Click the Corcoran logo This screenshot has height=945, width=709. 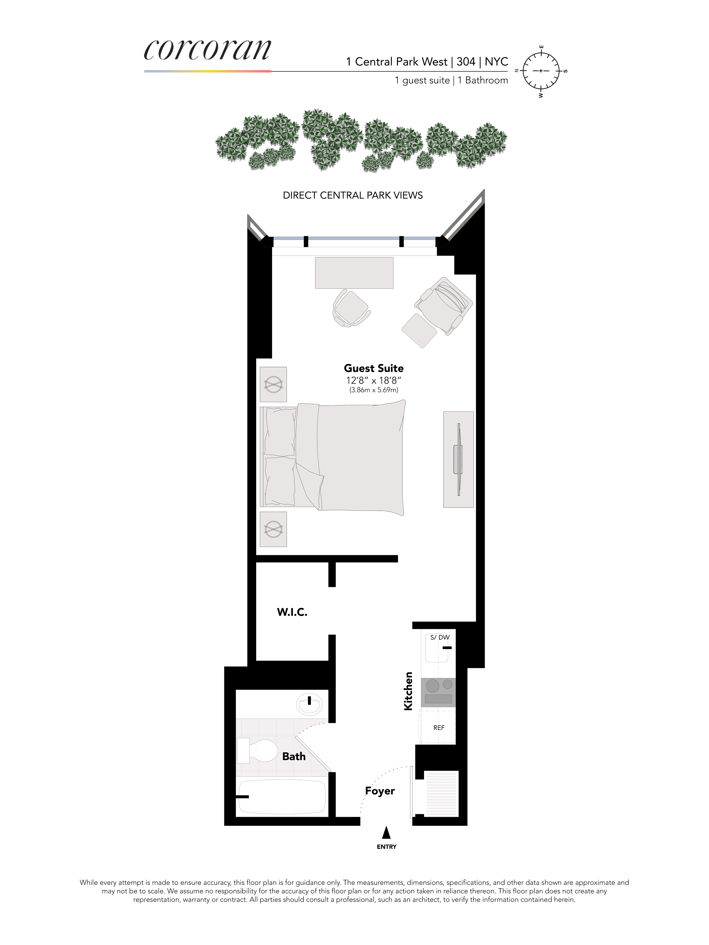click(207, 50)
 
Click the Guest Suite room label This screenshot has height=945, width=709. click(374, 368)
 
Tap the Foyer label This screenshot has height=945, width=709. click(379, 791)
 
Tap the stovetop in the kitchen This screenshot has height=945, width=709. click(438, 692)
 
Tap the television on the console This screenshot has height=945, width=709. click(459, 459)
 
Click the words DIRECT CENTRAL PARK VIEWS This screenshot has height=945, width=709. click(353, 195)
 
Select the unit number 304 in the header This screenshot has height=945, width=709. click(466, 62)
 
